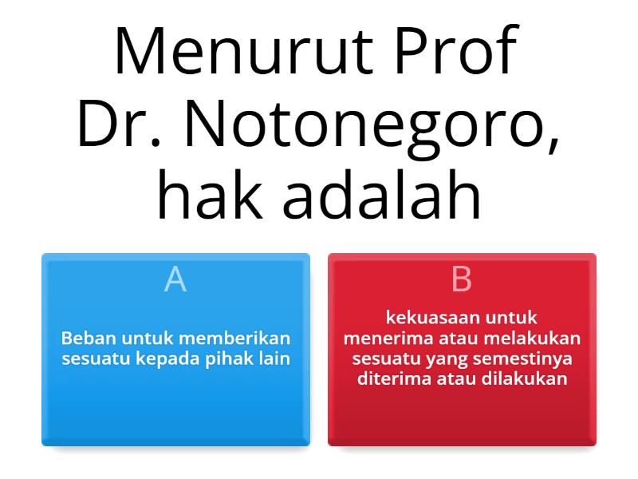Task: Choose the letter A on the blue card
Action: pos(175,280)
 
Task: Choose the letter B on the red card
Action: pos(462,280)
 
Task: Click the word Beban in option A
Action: pos(84,338)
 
